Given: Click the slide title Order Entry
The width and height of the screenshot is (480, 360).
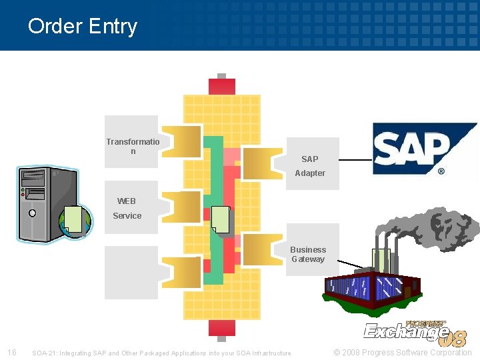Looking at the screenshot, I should click(83, 26).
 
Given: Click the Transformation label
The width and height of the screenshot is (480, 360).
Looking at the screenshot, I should click(133, 146).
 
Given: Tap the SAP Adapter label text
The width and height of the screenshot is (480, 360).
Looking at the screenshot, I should click(310, 166).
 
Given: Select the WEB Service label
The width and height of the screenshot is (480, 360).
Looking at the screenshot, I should click(127, 208).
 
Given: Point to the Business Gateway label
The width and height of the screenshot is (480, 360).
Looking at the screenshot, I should click(308, 254).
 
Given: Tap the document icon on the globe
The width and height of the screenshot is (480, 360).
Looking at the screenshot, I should click(73, 220).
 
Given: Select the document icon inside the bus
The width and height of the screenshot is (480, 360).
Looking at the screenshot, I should click(221, 219).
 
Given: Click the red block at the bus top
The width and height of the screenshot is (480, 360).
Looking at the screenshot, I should click(221, 87).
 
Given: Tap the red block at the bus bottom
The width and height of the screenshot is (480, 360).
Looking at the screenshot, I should click(221, 327).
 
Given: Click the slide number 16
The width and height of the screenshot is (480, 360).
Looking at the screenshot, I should click(11, 352).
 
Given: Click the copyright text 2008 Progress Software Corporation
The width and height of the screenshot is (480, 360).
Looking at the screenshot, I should click(403, 352).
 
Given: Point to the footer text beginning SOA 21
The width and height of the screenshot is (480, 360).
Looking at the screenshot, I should click(161, 353).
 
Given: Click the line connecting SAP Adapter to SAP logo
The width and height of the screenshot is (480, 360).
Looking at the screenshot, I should click(356, 160).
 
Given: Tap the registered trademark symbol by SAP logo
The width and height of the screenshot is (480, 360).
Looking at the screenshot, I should click(441, 171).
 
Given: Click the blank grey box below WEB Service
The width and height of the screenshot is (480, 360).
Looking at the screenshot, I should click(131, 273).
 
